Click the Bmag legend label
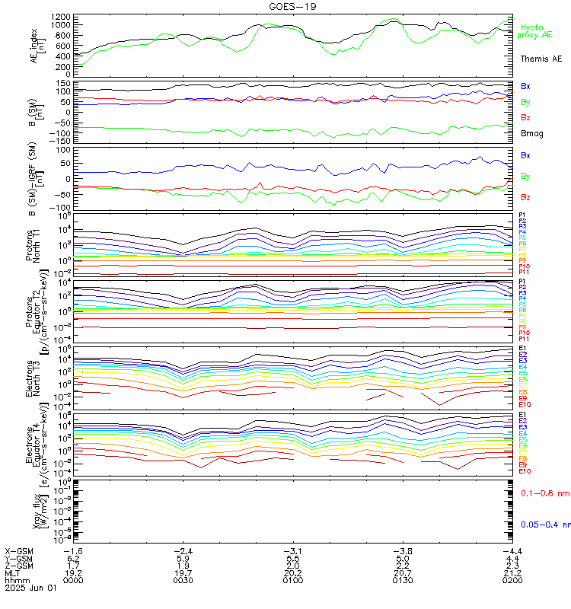coord(531,133)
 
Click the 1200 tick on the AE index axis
coord(62,17)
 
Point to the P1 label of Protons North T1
coord(522,215)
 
